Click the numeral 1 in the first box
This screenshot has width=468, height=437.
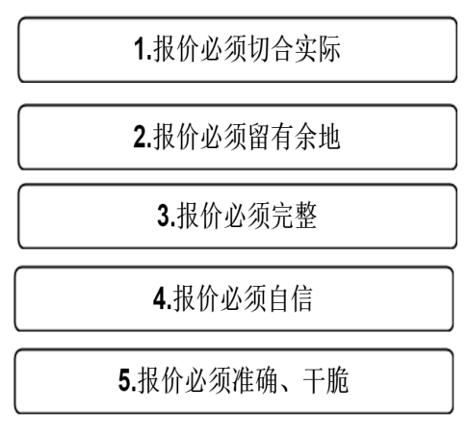(140, 49)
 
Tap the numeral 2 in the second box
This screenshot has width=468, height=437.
(140, 137)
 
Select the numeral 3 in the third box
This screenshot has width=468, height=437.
(164, 216)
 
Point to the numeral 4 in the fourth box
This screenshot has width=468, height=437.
(160, 298)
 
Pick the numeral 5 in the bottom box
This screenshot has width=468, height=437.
(124, 380)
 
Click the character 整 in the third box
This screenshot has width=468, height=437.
(306, 216)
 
